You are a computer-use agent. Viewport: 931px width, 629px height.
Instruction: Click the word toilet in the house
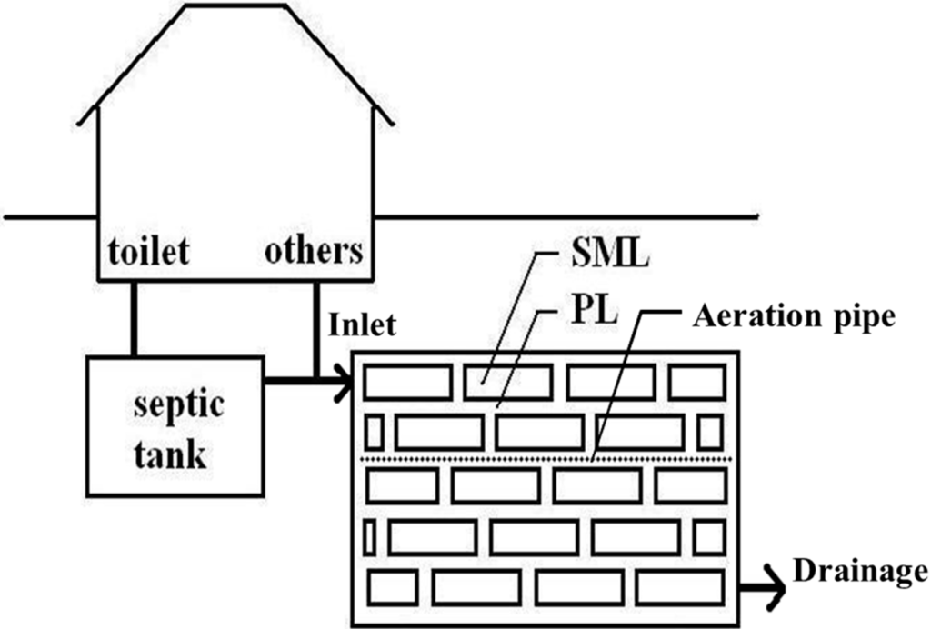click(149, 250)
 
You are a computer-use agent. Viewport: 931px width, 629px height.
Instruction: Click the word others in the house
click(313, 250)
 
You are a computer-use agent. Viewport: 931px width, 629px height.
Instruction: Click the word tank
click(170, 454)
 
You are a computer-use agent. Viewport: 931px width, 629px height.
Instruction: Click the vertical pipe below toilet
click(134, 318)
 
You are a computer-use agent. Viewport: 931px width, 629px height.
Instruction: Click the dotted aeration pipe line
click(546, 461)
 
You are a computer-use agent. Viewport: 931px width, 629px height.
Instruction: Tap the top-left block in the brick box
click(407, 382)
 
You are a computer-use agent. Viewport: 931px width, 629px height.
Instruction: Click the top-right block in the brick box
click(696, 382)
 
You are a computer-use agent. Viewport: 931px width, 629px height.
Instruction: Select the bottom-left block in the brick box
click(393, 587)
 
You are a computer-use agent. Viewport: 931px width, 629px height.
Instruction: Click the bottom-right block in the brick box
click(680, 587)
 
